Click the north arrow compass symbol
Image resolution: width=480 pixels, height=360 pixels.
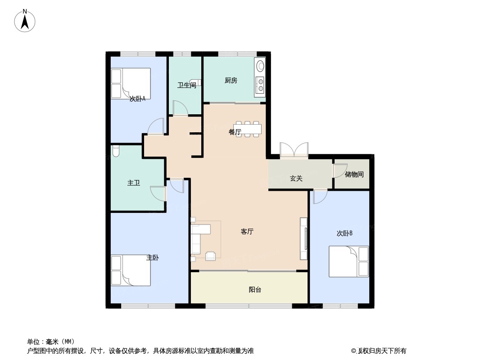click(x=25, y=21)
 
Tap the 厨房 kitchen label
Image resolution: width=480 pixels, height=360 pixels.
click(x=231, y=81)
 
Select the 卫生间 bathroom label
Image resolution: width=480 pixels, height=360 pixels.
click(x=187, y=85)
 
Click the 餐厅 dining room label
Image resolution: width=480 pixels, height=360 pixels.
click(x=235, y=132)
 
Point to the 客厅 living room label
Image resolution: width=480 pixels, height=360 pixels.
click(x=247, y=232)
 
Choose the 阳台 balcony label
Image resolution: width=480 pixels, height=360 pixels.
click(x=255, y=290)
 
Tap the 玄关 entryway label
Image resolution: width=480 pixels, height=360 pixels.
click(x=296, y=178)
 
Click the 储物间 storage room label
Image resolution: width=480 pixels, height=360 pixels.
click(x=354, y=174)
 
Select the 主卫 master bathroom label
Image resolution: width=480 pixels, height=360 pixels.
click(x=133, y=183)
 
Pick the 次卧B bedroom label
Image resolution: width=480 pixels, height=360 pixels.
click(x=344, y=234)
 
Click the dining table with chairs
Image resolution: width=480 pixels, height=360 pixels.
click(x=247, y=129)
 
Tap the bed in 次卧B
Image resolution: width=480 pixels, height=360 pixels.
click(x=349, y=261)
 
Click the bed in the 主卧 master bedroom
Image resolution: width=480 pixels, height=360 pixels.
click(x=131, y=270)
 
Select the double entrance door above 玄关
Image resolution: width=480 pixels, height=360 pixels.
click(x=294, y=150)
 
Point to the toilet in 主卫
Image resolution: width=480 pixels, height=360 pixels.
click(x=116, y=151)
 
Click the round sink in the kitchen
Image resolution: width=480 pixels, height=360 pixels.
click(x=260, y=66)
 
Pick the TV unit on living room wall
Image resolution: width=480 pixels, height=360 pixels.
click(x=303, y=239)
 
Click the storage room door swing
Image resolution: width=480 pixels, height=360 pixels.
click(x=339, y=171)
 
